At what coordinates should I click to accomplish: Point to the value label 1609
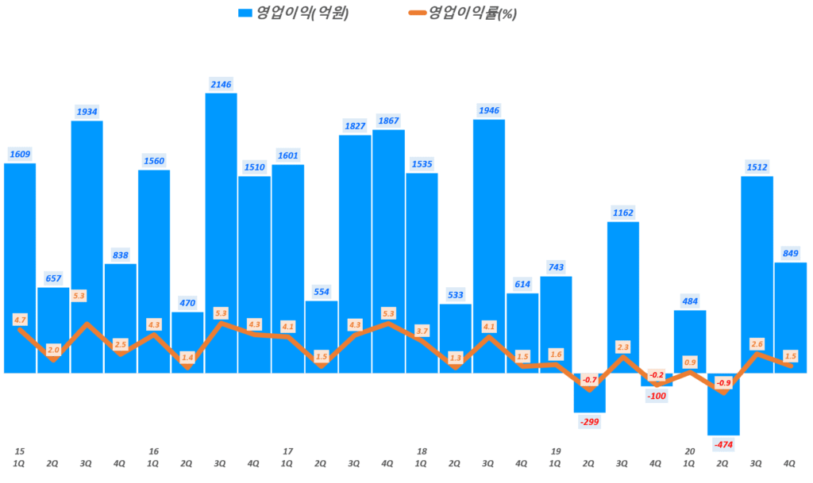pos(20,154)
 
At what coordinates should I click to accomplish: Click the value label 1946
pos(489,109)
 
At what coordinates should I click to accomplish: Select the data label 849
pos(791,254)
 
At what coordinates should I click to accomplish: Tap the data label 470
pos(187,302)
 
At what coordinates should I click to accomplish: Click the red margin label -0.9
pos(724,383)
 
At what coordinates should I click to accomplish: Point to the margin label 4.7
pos(21,320)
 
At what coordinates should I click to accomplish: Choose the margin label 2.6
pos(757,343)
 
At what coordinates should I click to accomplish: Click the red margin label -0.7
pos(589,380)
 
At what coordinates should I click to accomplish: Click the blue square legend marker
pos(245,13)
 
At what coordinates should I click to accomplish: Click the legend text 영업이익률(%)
pos(472,13)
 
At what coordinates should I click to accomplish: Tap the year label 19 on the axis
pos(556,450)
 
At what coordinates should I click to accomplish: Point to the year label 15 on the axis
pos(20,450)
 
